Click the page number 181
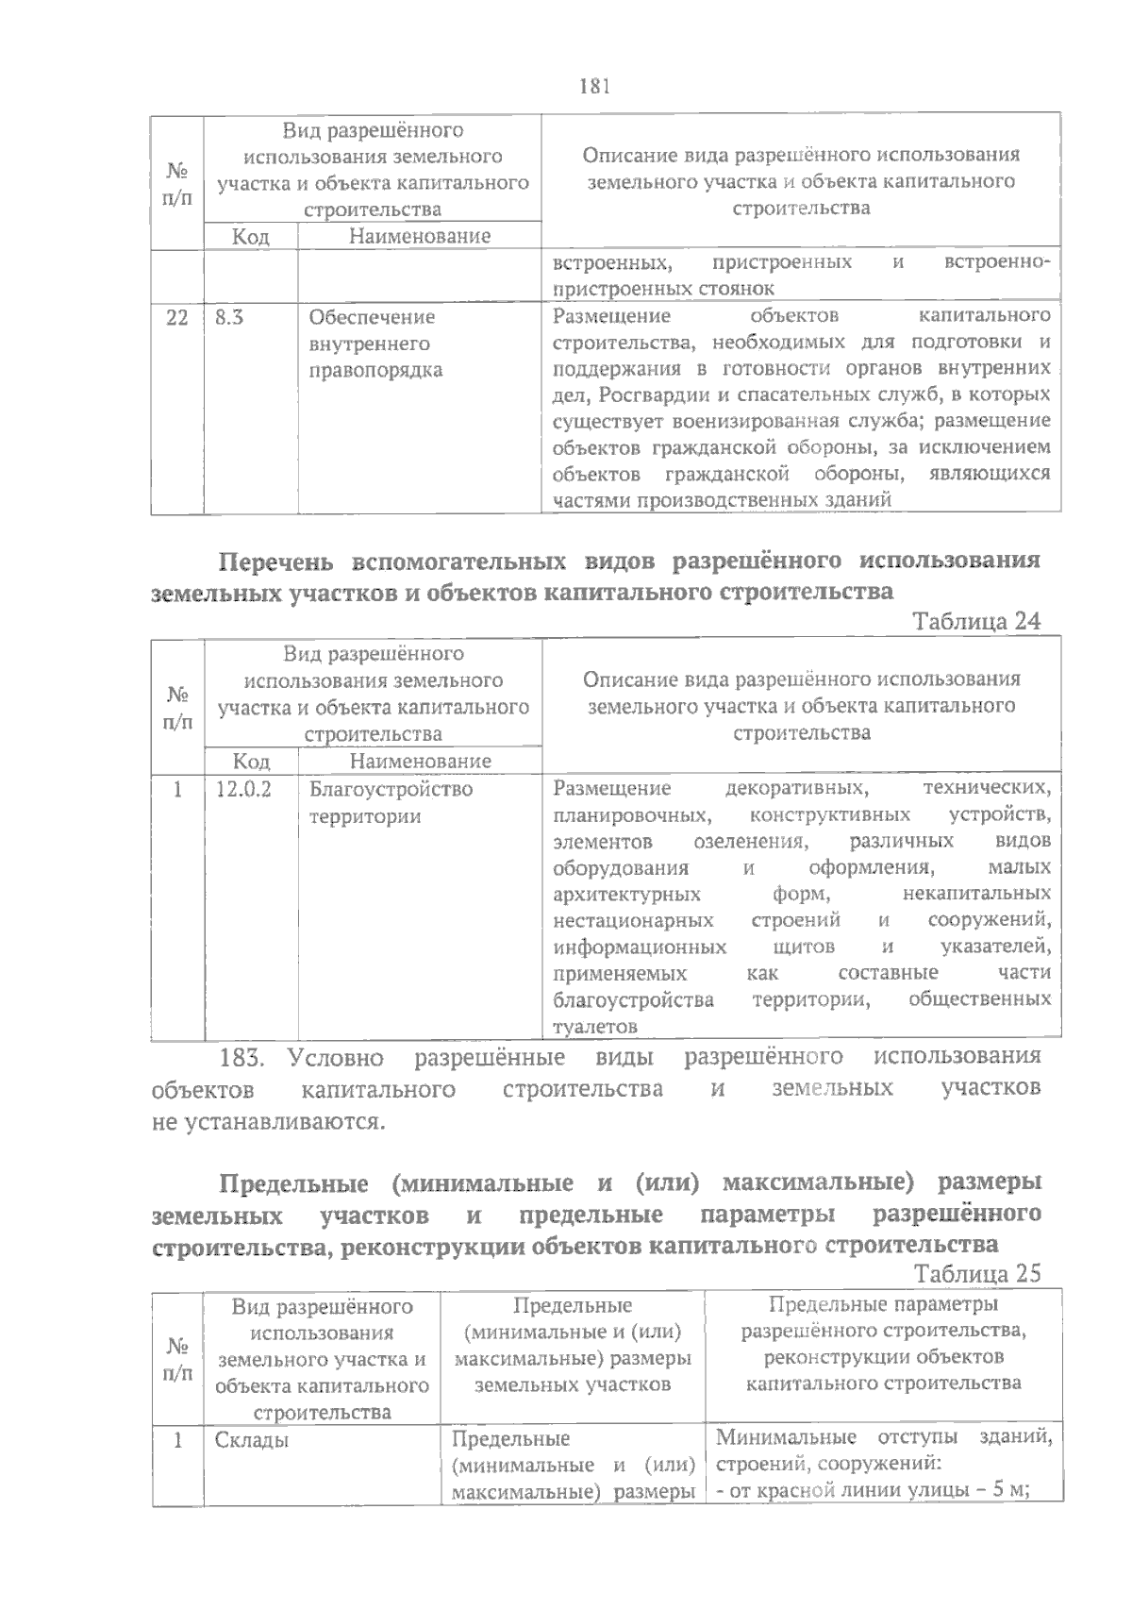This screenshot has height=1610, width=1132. coord(594,87)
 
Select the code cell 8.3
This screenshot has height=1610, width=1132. coord(229,317)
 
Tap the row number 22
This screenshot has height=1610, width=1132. coord(176,317)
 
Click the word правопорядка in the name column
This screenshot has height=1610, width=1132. coord(375,370)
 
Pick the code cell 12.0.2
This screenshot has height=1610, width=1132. coord(242,789)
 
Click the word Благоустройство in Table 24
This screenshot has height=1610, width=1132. coord(391,789)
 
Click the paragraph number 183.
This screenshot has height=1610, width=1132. coord(244,1056)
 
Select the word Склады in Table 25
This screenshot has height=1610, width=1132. coord(251,1440)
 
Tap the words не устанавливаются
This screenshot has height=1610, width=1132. coord(269,1122)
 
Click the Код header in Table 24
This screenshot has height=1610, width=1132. coord(251,761)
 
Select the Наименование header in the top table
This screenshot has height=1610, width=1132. coord(419,236)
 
